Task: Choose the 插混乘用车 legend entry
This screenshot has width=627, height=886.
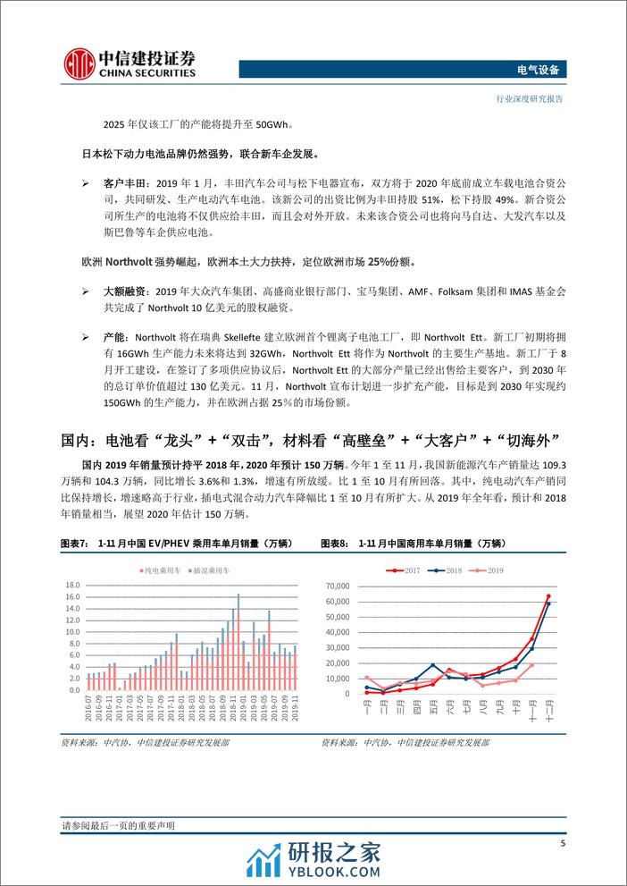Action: coord(202,570)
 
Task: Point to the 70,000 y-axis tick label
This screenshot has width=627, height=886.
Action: coord(341,586)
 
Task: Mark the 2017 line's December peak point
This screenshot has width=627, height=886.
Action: coord(548,596)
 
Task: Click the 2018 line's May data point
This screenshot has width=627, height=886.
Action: coord(432,665)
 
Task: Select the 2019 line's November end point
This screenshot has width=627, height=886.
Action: coord(531,664)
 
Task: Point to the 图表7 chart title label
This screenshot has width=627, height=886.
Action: coord(71,543)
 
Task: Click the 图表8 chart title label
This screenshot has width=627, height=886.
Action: coord(334,543)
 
